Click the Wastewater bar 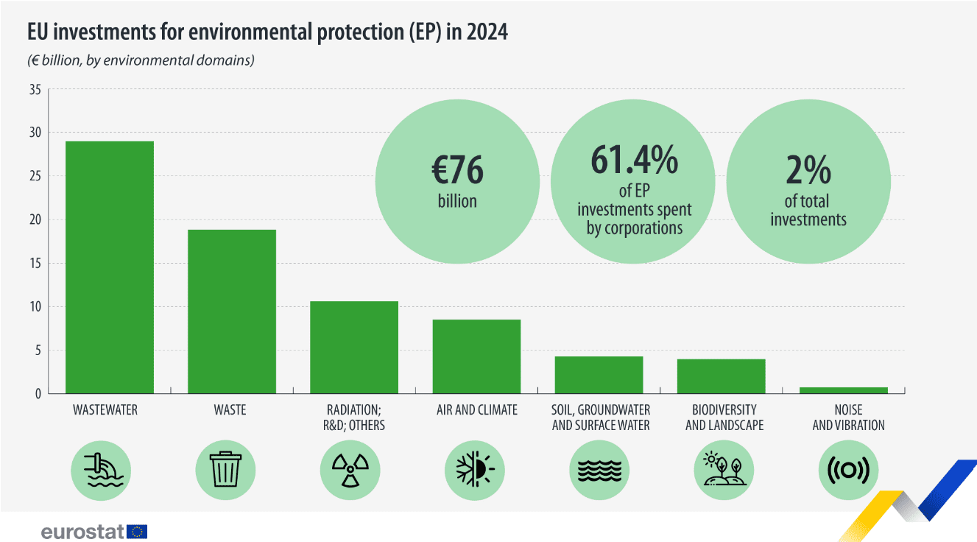coord(110,267)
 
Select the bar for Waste coord(232,311)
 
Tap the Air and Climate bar coord(476,356)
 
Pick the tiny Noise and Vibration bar coord(844,390)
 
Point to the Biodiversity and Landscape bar coord(721,376)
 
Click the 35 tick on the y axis coord(35,90)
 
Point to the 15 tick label coord(35,263)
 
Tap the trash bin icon coord(225,469)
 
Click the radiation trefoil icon coord(350,469)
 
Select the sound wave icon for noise coord(848,469)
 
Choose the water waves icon coord(600,469)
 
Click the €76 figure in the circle coord(457,170)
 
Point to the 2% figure coord(808,170)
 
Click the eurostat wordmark coord(82,531)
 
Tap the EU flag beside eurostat coord(137,531)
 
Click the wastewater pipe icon coord(101,469)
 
